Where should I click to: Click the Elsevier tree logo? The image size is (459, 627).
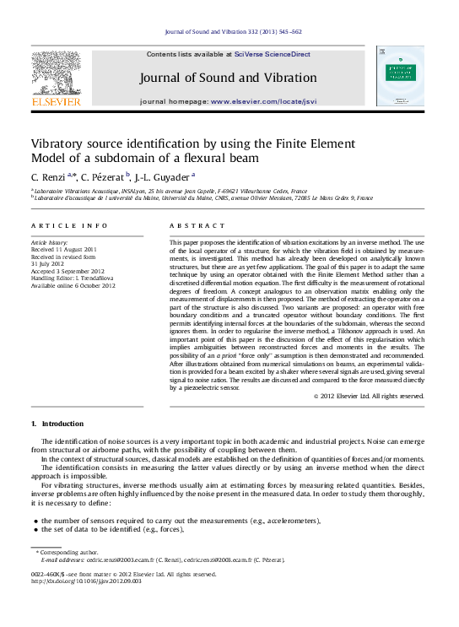56,72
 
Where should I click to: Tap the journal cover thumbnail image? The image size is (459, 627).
399,76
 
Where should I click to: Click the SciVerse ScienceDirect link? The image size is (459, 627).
273,54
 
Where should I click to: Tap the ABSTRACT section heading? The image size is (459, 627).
196,226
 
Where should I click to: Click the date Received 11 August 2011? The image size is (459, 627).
64,249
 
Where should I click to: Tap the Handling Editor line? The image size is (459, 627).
78,278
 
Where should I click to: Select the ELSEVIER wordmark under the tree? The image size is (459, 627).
56,102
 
